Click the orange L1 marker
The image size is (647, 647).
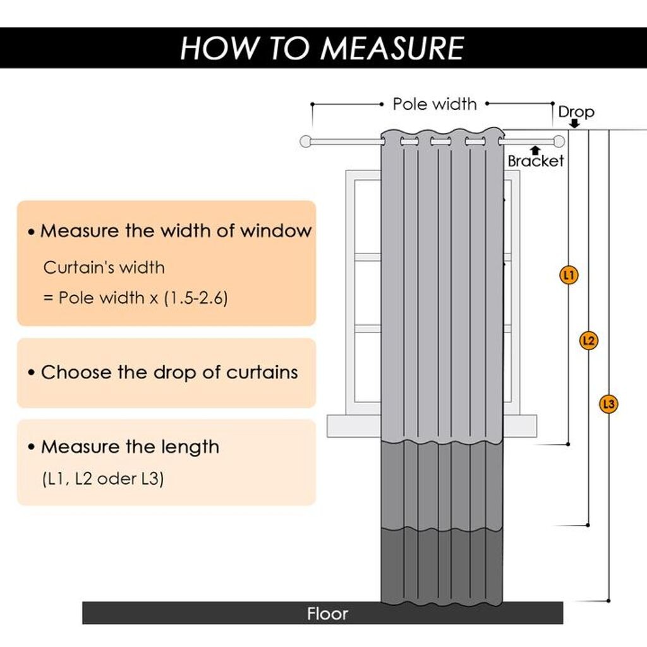coord(569,275)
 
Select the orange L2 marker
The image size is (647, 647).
coord(588,341)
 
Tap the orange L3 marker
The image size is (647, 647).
coord(608,404)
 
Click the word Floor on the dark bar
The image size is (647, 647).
coord(327,614)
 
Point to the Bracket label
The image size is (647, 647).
coord(536,161)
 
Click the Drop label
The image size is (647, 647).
coord(576,112)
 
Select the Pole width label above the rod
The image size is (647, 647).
coord(435,104)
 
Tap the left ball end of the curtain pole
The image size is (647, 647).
coord(306,142)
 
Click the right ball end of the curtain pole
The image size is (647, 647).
coord(559,141)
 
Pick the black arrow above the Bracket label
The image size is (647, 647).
coord(535,150)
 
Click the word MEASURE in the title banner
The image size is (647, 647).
coord(391,48)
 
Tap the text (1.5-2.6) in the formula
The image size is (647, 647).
coord(195,298)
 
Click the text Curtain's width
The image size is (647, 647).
coord(104,267)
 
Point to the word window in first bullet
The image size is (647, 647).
coord(275,231)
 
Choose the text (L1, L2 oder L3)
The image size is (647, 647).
coord(103,478)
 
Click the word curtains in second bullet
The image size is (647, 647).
coord(260,372)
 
